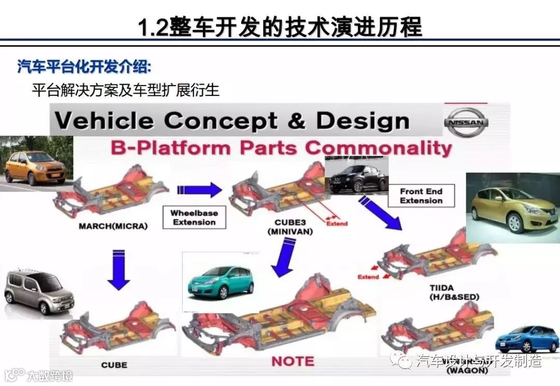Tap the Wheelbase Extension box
click(x=194, y=218)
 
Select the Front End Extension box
click(x=421, y=196)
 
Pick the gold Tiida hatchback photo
click(x=512, y=208)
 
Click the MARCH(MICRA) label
click(x=113, y=226)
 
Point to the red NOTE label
click(x=293, y=361)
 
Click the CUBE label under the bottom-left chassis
click(x=114, y=365)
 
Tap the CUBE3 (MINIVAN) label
click(x=290, y=228)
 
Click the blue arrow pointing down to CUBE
click(x=119, y=268)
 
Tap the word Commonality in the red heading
click(x=378, y=148)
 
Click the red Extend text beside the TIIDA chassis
click(x=368, y=277)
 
